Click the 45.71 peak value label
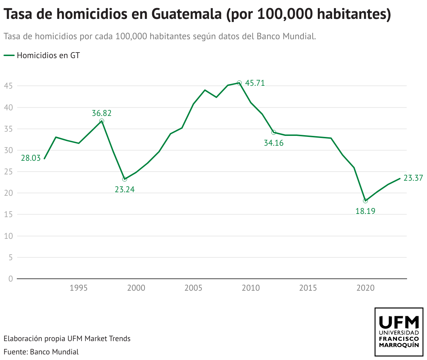255,83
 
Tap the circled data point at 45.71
239,83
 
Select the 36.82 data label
101,113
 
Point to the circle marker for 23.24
125,179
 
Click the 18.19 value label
365,211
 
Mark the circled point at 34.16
274,132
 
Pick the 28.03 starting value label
31,158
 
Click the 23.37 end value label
413,178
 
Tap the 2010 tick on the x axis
251,288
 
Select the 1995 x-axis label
78,288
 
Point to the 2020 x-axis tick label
365,288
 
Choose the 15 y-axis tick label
9,215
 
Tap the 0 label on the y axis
10,279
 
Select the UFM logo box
399,332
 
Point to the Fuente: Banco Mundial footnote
41,352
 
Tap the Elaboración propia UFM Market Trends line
67,339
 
